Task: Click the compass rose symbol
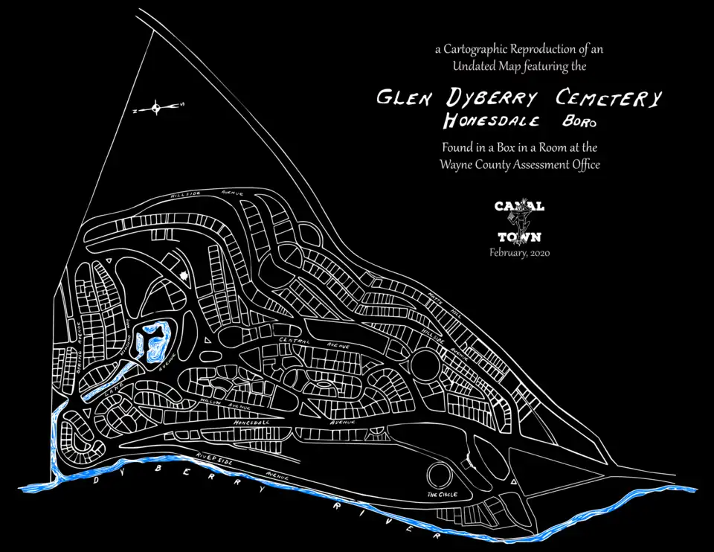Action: [156, 109]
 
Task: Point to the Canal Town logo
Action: [519, 221]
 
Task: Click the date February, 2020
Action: [519, 252]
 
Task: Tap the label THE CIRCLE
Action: [442, 494]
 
